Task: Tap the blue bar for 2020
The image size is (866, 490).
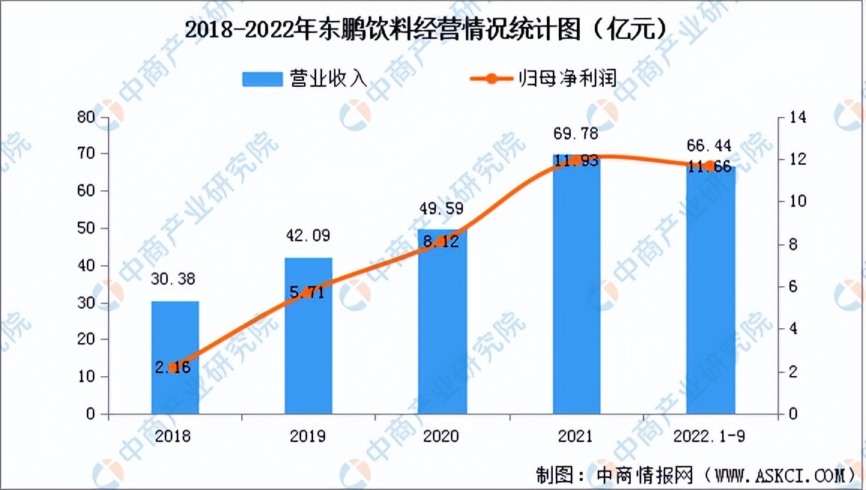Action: [x=443, y=322]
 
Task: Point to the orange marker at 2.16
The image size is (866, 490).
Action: [x=175, y=367]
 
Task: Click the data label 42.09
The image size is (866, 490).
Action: [x=309, y=236]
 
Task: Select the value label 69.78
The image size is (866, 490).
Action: [x=576, y=134]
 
